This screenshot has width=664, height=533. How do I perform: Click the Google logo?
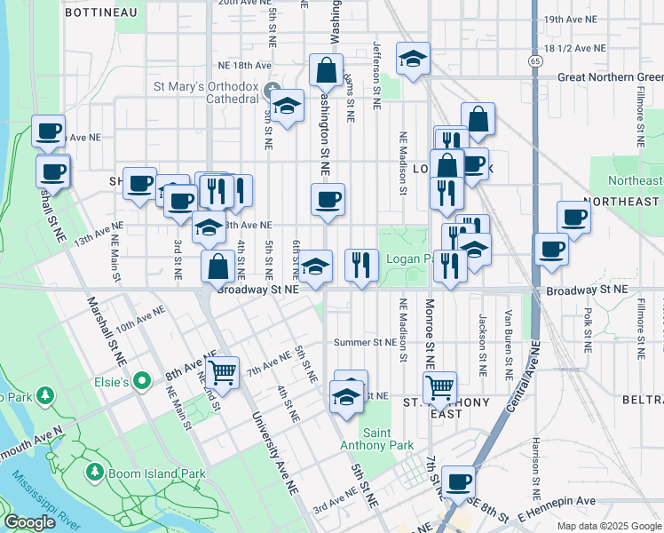(x=29, y=522)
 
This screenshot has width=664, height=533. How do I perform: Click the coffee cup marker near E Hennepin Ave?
(x=459, y=481)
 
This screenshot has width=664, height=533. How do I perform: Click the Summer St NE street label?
(x=365, y=342)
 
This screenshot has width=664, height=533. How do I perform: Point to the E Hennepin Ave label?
(x=562, y=501)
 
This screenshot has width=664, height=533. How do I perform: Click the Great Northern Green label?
(x=610, y=77)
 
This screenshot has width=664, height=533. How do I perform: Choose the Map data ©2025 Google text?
(x=608, y=526)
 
